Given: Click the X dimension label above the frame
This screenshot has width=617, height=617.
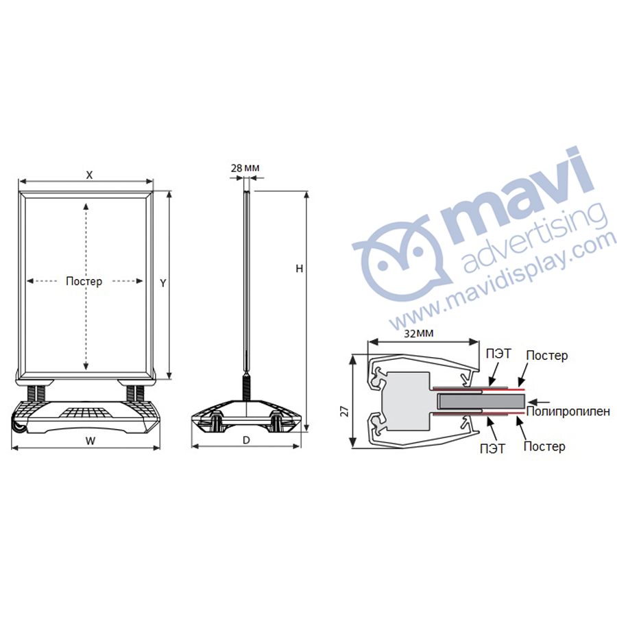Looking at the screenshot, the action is [x=89, y=175].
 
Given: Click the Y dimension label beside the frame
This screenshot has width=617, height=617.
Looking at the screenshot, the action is [x=163, y=283].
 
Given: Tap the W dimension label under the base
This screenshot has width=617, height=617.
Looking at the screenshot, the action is [x=90, y=441].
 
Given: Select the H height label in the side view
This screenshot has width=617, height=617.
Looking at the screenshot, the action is [x=300, y=268].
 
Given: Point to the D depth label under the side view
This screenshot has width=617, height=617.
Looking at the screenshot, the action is [x=246, y=440].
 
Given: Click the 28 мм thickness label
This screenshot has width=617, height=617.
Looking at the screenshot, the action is [x=245, y=168].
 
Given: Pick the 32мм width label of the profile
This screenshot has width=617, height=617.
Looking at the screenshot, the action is [x=419, y=333].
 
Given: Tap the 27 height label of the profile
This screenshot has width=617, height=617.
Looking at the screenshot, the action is [x=345, y=411].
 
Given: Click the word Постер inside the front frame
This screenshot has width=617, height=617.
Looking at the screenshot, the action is [x=84, y=281].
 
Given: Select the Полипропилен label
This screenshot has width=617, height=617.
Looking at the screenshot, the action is [x=568, y=411].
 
